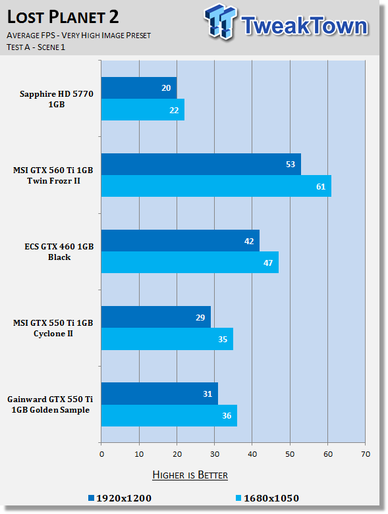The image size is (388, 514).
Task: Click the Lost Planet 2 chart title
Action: (63, 17)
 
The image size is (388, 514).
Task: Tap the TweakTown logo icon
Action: (220, 22)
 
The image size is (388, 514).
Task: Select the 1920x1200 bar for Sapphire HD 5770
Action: (139, 88)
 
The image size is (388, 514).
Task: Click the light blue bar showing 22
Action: (143, 109)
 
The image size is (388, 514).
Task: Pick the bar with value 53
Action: (201, 165)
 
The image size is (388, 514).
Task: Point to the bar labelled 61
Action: (216, 186)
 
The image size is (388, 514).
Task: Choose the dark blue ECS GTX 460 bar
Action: (180, 241)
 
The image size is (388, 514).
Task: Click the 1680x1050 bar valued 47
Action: (190, 262)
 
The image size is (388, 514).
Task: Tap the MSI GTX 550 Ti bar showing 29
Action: (155, 317)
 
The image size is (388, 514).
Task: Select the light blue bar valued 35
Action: (167, 339)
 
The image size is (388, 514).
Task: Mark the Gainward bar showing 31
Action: (159, 394)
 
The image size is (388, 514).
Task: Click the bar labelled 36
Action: (169, 415)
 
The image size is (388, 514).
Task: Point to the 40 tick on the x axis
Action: (252, 454)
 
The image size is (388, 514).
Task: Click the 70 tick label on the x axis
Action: (366, 454)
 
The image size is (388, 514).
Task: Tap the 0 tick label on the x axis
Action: (101, 454)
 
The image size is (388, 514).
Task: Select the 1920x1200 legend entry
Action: (120, 498)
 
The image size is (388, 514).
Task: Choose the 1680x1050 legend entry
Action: (267, 498)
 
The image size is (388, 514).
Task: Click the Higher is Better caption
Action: (190, 475)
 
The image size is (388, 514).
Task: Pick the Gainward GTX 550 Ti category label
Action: (50, 405)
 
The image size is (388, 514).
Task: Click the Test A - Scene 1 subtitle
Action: (36, 47)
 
